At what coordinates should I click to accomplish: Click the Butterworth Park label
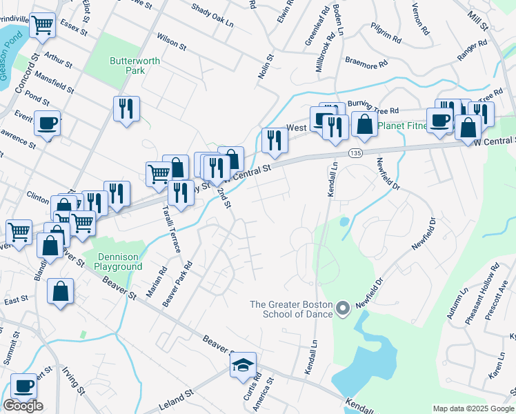point(135,66)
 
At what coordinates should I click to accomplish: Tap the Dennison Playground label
point(117,261)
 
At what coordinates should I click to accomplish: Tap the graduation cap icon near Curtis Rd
point(243,365)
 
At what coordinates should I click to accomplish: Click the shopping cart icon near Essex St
point(43,25)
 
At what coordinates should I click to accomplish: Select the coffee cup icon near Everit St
point(47,124)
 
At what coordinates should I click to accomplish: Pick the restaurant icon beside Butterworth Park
point(126,108)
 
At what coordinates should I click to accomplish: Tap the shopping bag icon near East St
point(61,290)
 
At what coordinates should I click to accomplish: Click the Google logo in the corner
point(23,406)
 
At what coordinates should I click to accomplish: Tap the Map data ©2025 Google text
point(473,408)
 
